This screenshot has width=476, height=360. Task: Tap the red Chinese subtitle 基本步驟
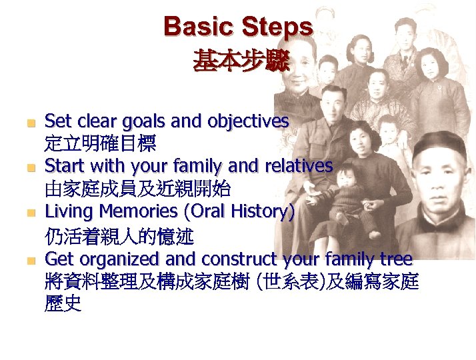(241, 63)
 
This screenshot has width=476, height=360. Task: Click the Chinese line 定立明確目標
(100, 143)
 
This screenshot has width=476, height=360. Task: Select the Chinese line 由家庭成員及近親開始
(137, 189)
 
